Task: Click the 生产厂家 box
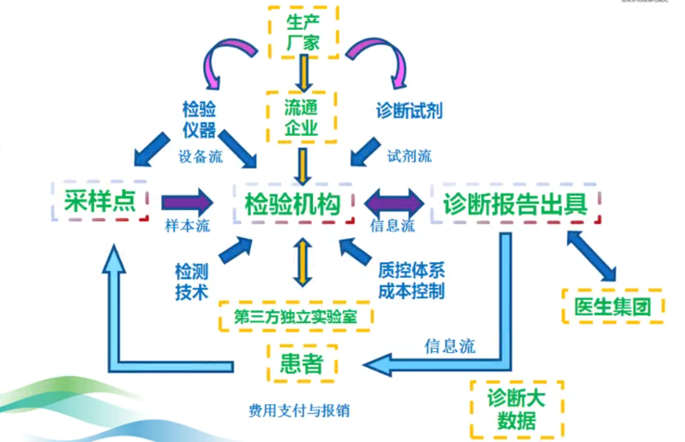click(x=303, y=33)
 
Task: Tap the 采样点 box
click(x=100, y=202)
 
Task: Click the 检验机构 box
click(x=293, y=204)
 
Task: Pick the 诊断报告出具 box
click(x=516, y=204)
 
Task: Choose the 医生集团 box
click(x=613, y=307)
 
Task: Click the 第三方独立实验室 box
click(x=295, y=317)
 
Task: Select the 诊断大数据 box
click(x=516, y=409)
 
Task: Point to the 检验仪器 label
click(x=199, y=120)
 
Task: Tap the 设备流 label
click(x=200, y=157)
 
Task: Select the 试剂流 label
click(x=409, y=156)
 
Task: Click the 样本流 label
click(x=187, y=225)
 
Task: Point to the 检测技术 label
click(x=191, y=281)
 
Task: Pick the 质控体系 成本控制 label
click(x=411, y=281)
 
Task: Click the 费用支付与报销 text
click(x=299, y=411)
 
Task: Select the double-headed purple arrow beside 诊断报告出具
click(x=394, y=202)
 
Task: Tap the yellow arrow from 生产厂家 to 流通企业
click(x=303, y=74)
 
